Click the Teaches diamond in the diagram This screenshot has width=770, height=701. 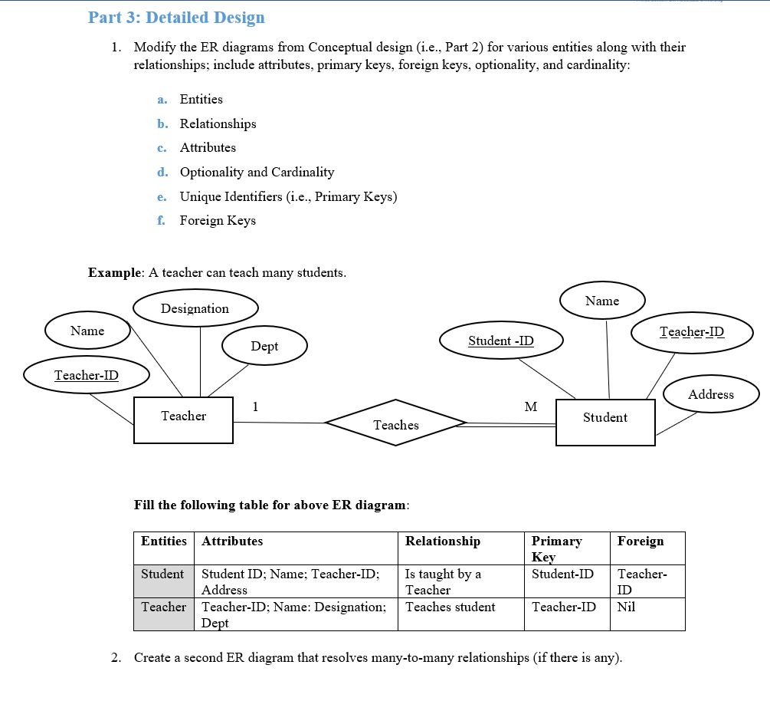coord(396,423)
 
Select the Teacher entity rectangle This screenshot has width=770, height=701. coord(183,420)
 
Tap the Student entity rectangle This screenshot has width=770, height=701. coord(605,422)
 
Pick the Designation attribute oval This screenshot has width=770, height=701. coord(195,308)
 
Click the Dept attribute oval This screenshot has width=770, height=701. coord(264,346)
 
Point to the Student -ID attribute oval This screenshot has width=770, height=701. coord(501,341)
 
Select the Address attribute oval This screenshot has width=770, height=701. coord(710,394)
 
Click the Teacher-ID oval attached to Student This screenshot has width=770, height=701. coord(691,332)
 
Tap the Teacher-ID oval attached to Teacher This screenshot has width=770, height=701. coord(86,375)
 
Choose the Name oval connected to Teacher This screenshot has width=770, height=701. coord(87,331)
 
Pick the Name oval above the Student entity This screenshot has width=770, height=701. coord(602,301)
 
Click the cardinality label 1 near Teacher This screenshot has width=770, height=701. coord(255,406)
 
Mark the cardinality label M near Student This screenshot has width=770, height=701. coord(530,406)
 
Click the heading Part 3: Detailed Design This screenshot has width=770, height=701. coord(176,17)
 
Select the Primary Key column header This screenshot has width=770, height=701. coord(557,548)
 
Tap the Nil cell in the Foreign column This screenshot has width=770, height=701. coord(626,607)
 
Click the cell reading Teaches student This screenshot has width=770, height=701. coord(450,607)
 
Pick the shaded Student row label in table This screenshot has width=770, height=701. coord(162,574)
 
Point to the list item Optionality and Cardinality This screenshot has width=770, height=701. coord(257,172)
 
